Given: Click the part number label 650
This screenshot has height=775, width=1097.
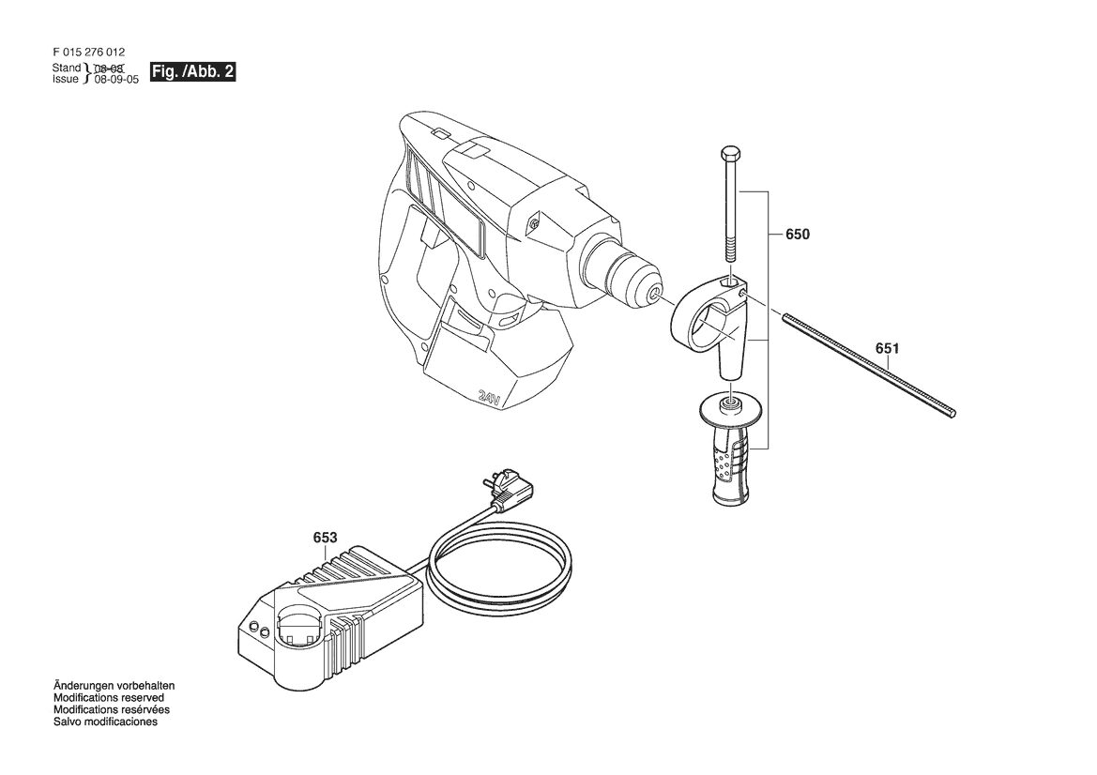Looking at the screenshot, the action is [798, 235].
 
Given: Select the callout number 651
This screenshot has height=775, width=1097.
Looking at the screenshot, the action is [888, 348].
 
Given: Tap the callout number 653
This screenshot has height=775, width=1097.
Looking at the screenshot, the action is [325, 538].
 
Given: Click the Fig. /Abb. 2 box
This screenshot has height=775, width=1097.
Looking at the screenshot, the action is [194, 71].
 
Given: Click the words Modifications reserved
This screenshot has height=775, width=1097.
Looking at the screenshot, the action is [109, 697].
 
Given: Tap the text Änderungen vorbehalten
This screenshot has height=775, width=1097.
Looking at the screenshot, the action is [114, 686].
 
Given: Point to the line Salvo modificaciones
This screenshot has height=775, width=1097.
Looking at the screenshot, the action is [106, 722].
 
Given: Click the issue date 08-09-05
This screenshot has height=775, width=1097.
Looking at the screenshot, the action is [117, 80].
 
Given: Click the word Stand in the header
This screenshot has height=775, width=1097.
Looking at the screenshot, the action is [67, 68].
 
